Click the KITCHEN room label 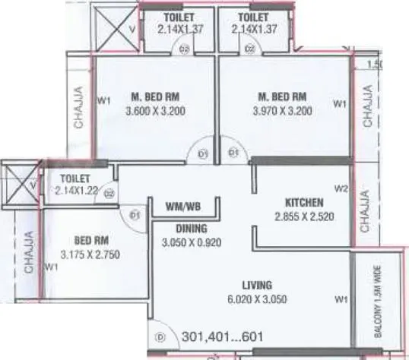tap(304, 203)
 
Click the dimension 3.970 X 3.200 tap(284, 111)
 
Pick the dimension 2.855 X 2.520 tap(304, 216)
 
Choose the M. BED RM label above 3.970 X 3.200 tap(282, 96)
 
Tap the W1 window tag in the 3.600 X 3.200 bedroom tap(103, 99)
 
